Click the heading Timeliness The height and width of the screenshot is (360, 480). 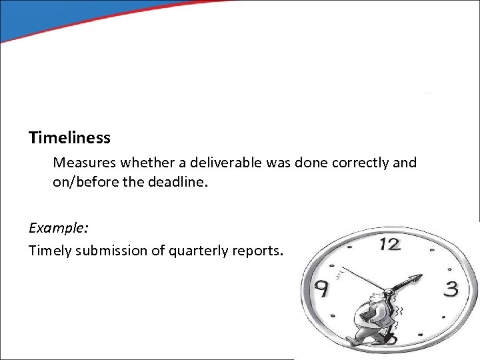(69, 138)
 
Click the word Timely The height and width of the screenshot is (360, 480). (49, 251)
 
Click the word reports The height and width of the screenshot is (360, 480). (259, 251)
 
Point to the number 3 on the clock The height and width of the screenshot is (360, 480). (451, 289)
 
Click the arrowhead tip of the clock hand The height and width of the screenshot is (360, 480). (421, 277)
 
